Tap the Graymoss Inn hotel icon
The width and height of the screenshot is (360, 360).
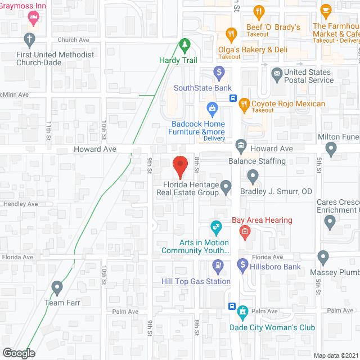33,19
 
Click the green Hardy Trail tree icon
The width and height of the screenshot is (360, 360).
184,44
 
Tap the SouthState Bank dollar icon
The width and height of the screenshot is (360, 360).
219,72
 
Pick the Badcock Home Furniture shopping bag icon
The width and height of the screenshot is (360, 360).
212,107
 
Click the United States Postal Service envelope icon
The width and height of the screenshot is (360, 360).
277,73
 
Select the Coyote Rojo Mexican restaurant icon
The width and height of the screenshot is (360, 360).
244,103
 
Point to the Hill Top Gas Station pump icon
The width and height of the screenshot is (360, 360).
218,264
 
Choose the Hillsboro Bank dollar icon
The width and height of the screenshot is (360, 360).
242,264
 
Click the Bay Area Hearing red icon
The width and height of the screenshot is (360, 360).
245,231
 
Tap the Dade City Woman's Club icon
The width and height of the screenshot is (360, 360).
242,311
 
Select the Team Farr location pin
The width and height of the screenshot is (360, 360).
56,287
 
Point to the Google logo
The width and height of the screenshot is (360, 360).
19,353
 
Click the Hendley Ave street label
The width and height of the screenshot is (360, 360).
21,204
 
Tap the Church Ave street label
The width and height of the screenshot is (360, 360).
74,40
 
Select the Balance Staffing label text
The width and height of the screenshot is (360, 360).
257,161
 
